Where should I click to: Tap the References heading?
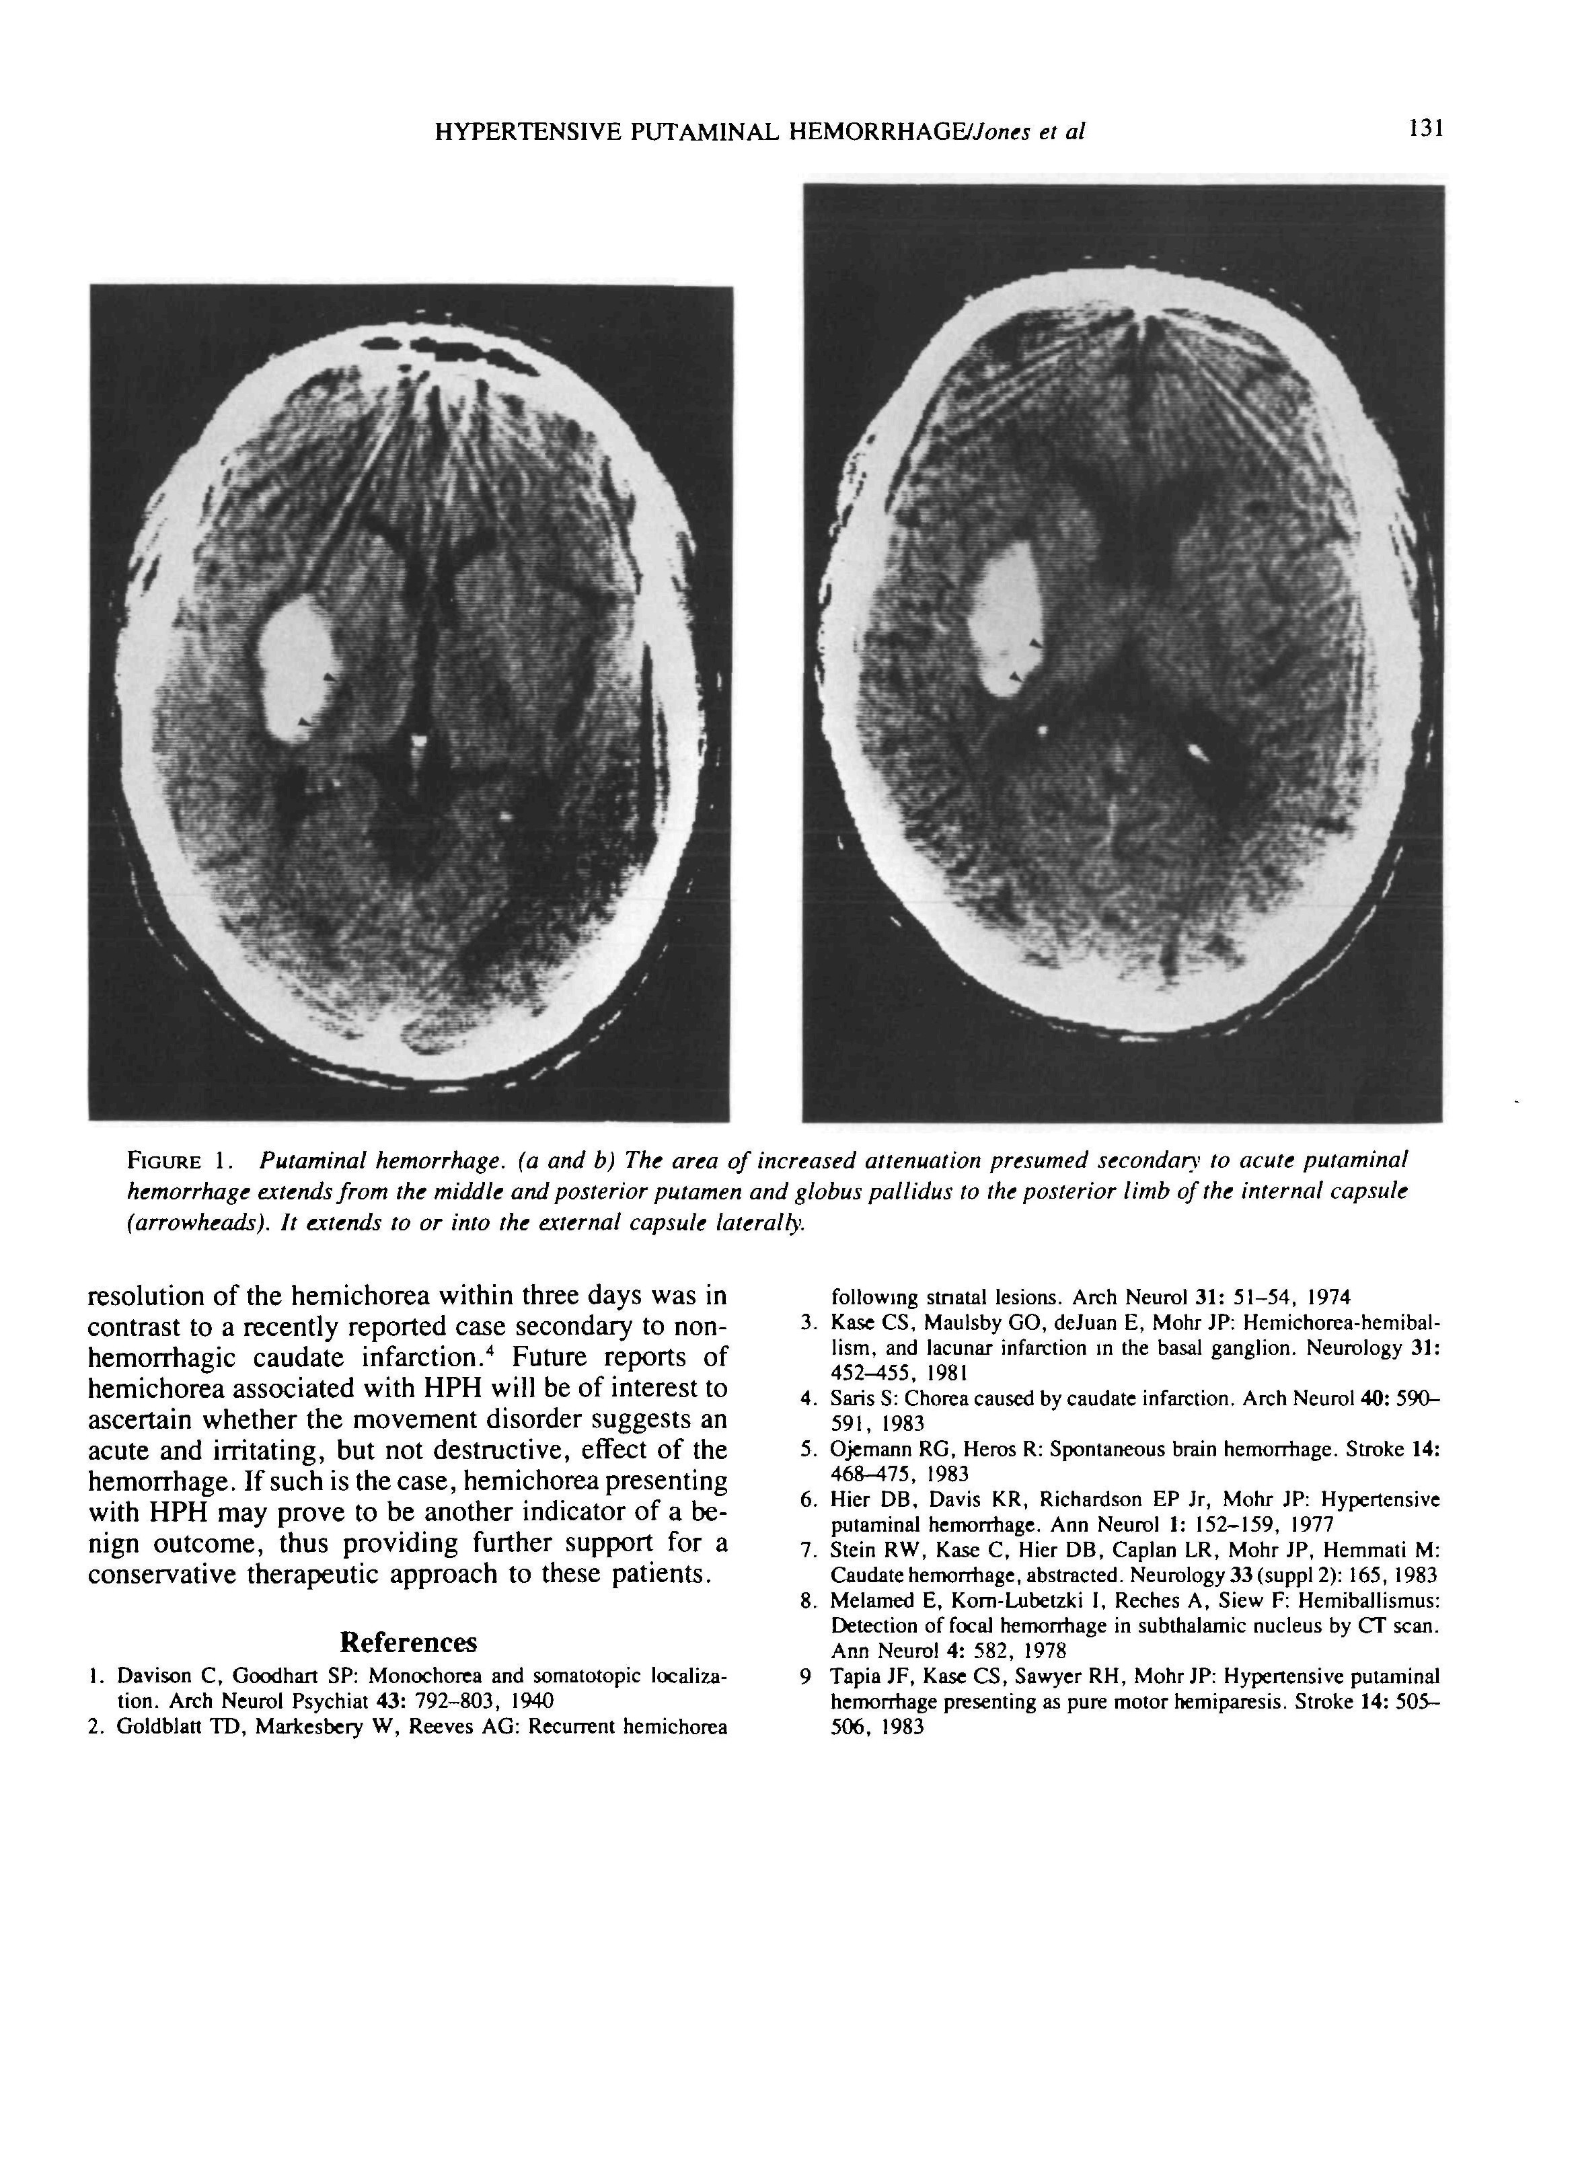click(x=408, y=1642)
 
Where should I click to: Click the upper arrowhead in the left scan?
click(x=330, y=676)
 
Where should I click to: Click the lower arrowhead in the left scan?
click(x=302, y=721)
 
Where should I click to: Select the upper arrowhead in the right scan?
click(x=1035, y=644)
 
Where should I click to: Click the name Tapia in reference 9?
click(x=851, y=1676)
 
